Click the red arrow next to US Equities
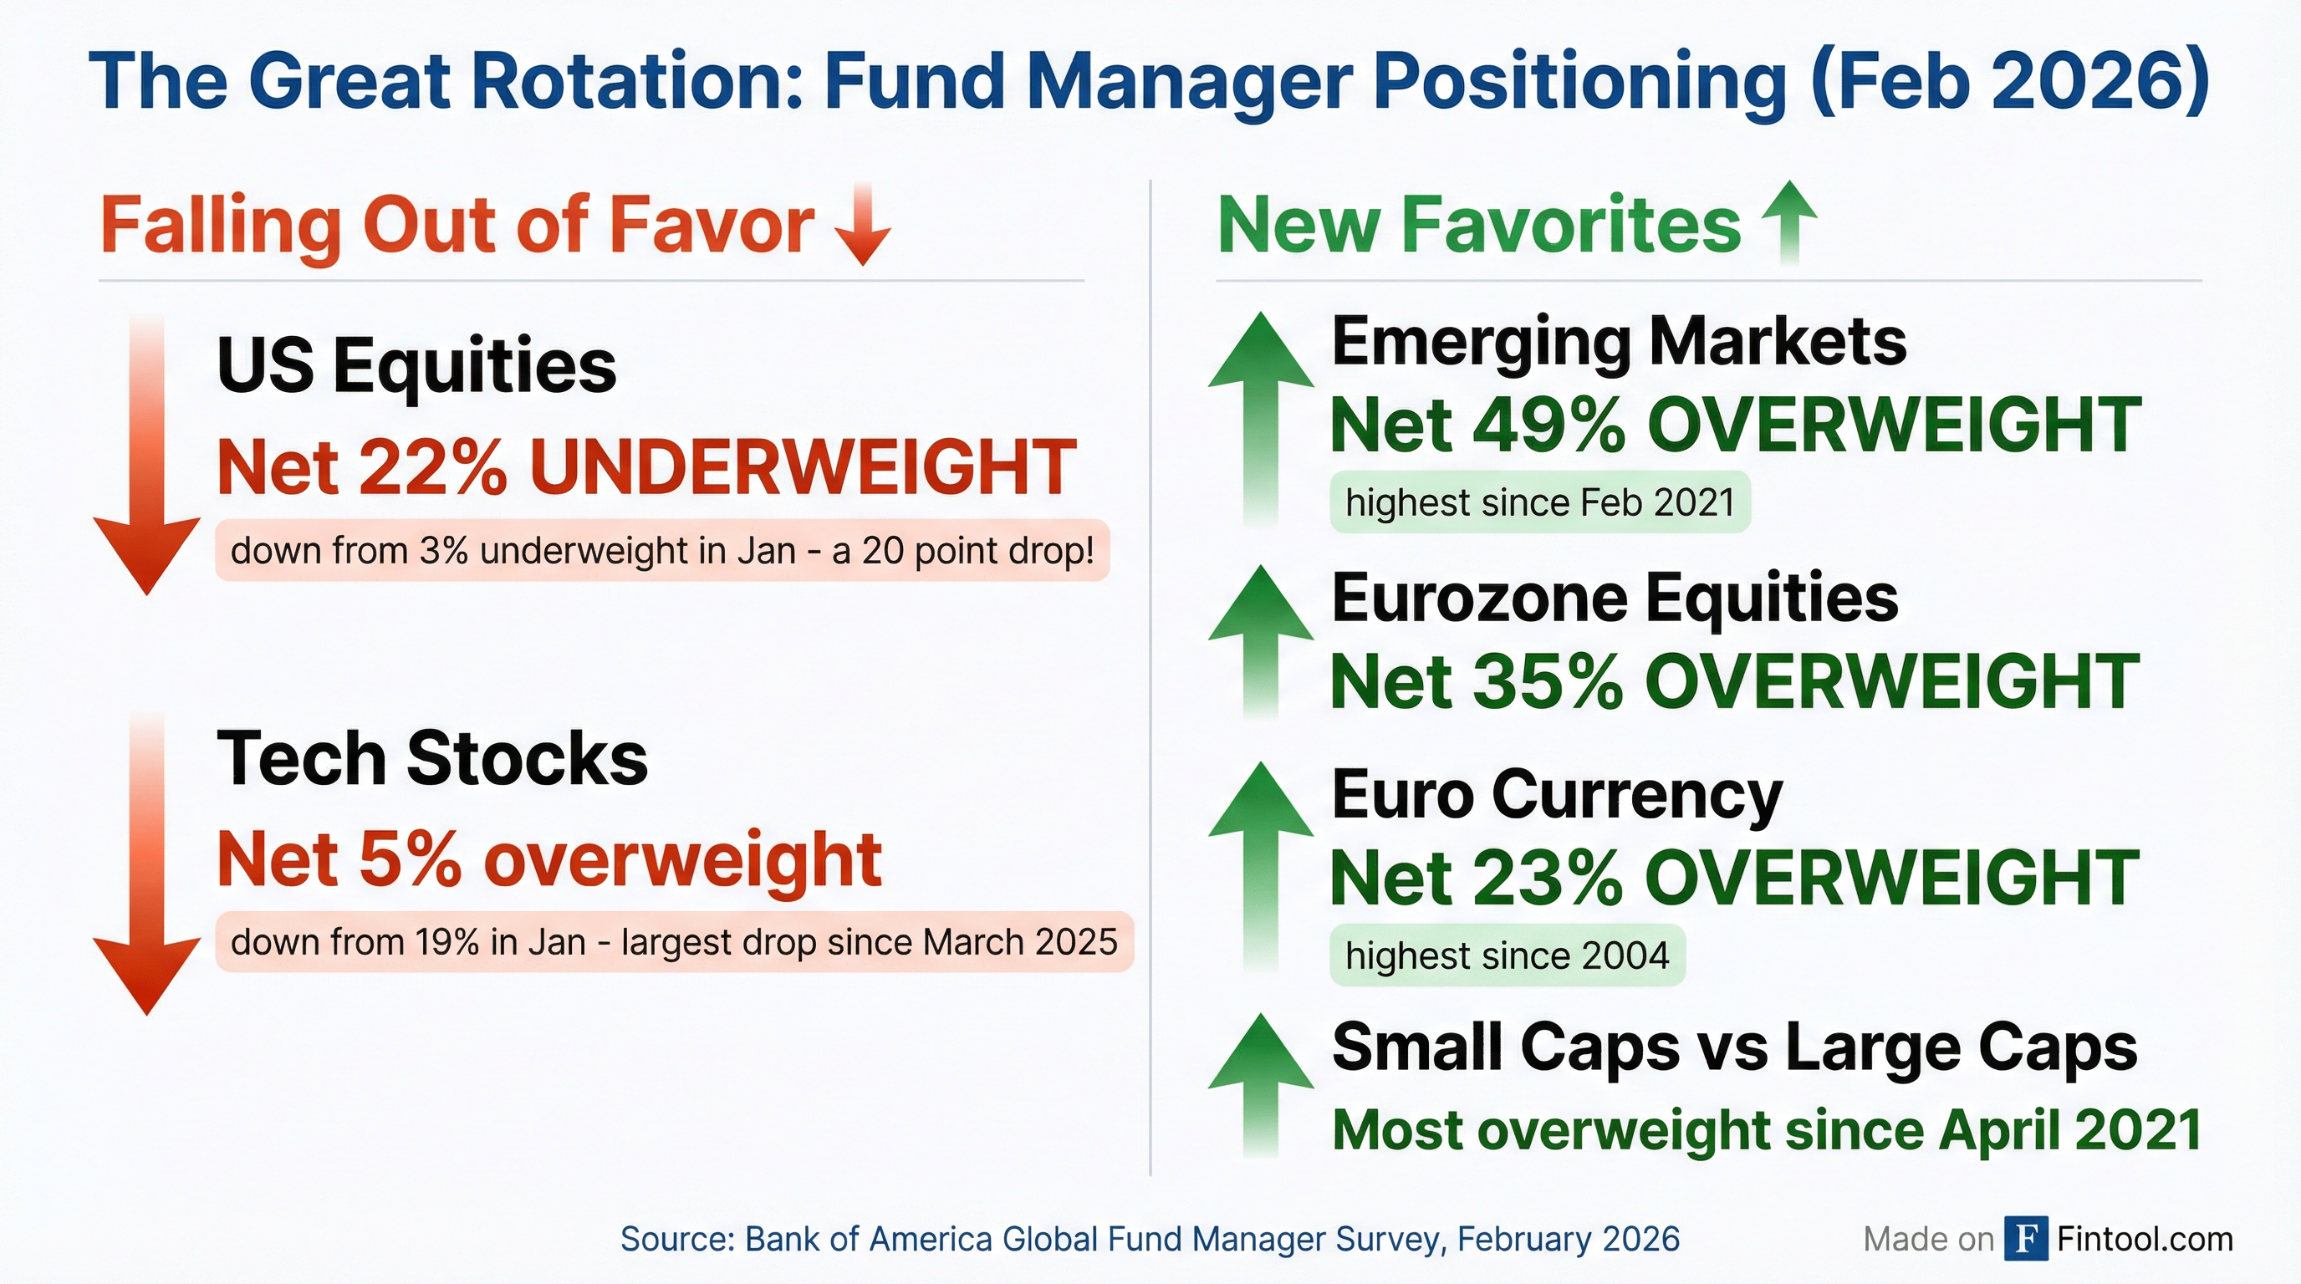(x=146, y=456)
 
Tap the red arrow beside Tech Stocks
(x=146, y=864)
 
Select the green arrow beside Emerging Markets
(x=1260, y=420)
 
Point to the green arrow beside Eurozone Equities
(x=1260, y=641)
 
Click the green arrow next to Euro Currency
(x=1260, y=866)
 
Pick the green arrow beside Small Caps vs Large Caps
(x=1260, y=1086)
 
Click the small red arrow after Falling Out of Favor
(x=862, y=224)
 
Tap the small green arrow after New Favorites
(x=1788, y=222)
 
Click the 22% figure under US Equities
(x=433, y=467)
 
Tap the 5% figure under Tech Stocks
(x=410, y=859)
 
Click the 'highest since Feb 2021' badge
(x=1540, y=502)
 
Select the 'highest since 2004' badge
(x=1507, y=955)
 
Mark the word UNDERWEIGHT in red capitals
(x=803, y=467)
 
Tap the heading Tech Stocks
(x=432, y=758)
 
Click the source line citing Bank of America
(x=1150, y=1240)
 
